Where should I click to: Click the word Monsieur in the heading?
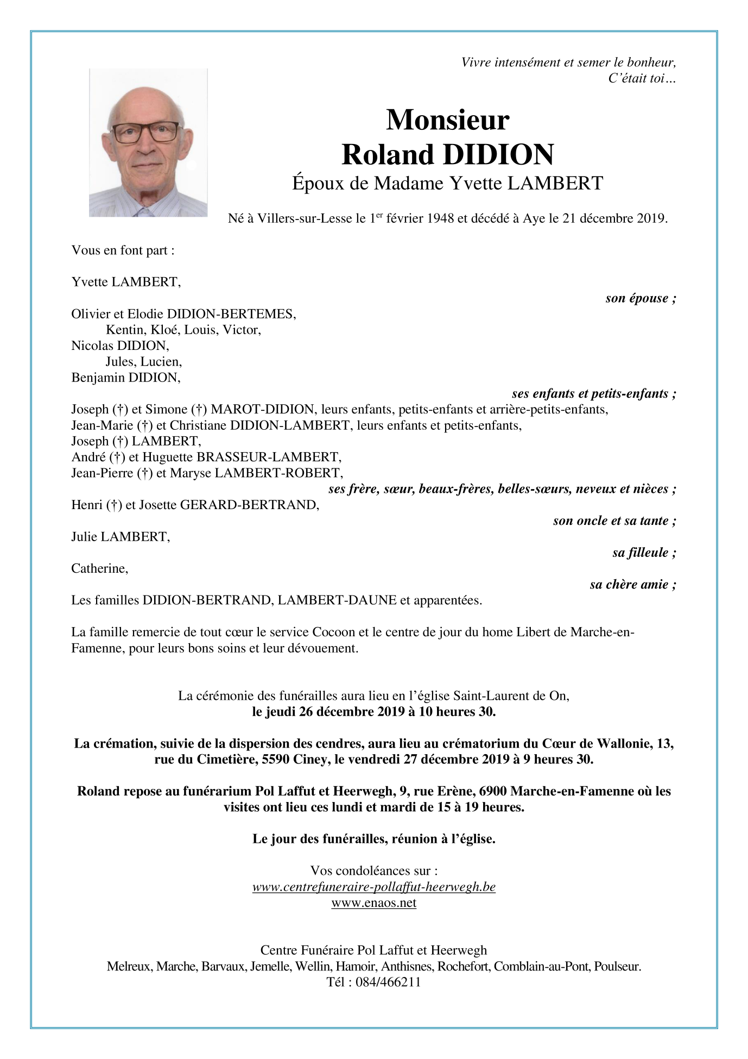[x=447, y=120]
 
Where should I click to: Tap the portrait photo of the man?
[x=148, y=143]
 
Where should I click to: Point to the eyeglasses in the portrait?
[x=145, y=132]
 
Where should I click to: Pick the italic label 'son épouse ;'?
[x=641, y=298]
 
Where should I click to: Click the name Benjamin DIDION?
[x=125, y=378]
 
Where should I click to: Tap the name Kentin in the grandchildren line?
[x=125, y=330]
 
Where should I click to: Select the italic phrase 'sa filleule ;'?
[x=644, y=553]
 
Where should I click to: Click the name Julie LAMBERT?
[x=121, y=537]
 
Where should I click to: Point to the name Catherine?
[x=99, y=569]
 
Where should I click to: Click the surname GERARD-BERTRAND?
[x=249, y=505]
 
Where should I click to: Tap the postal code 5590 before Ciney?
[x=275, y=760]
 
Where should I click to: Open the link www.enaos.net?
[x=373, y=903]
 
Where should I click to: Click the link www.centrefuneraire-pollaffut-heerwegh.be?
[x=373, y=887]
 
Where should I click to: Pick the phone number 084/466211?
[x=388, y=982]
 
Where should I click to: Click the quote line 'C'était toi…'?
[x=642, y=79]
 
